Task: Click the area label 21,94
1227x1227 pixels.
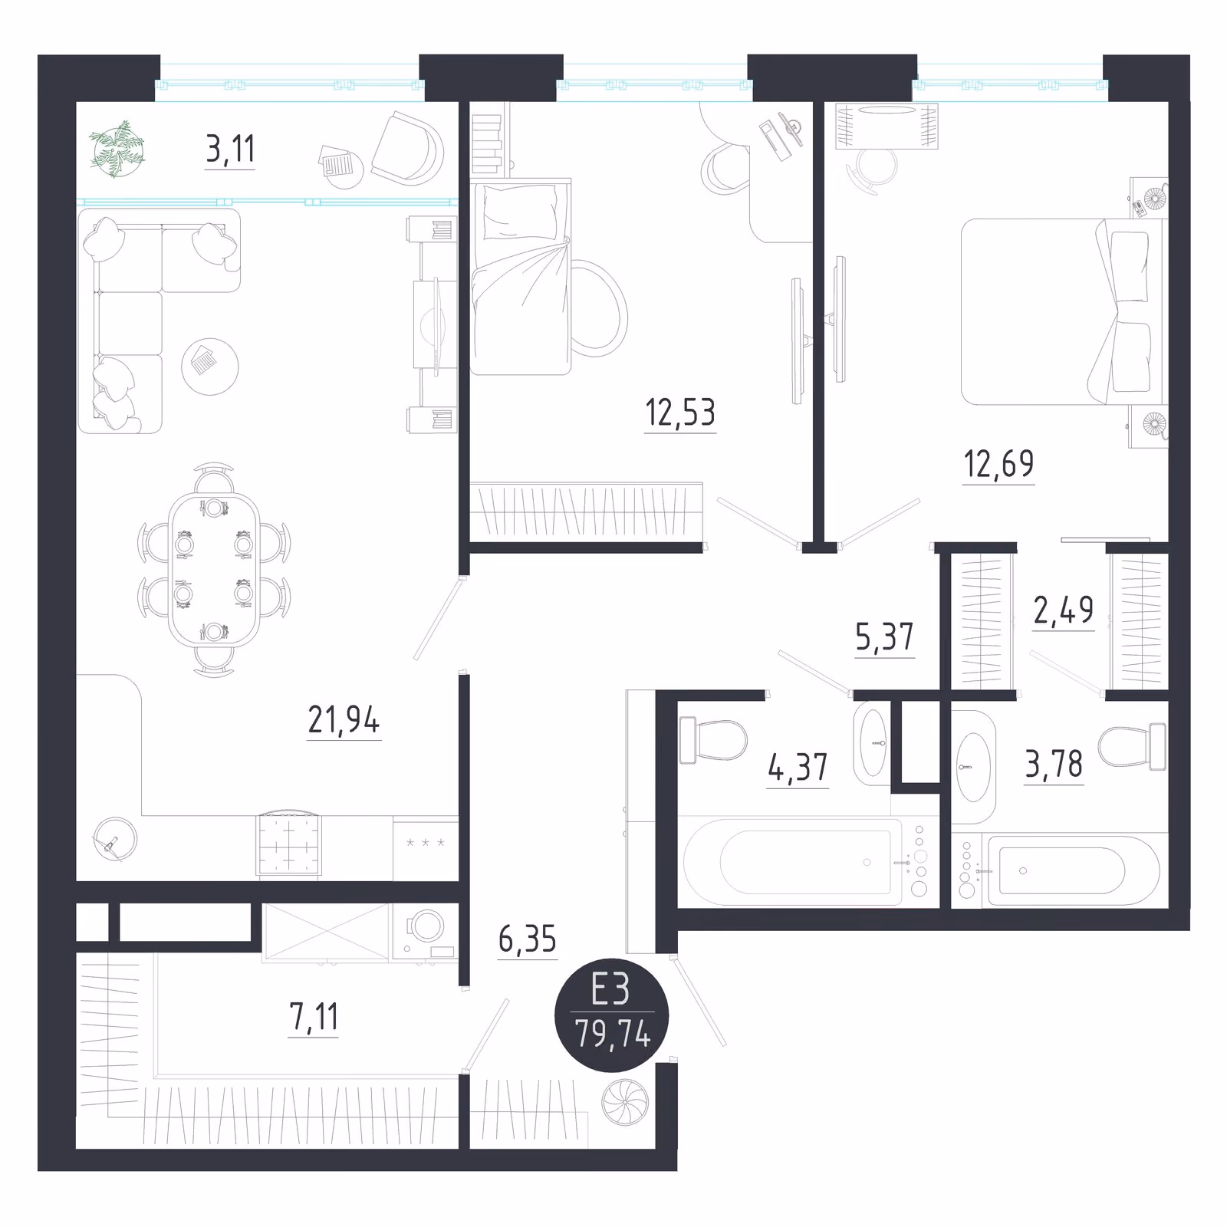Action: click(344, 720)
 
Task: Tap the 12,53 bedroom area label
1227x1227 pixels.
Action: click(680, 413)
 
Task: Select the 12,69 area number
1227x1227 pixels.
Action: click(998, 464)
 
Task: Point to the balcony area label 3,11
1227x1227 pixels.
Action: click(230, 149)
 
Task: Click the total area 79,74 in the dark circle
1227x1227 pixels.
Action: click(613, 1035)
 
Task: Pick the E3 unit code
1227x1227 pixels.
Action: click(610, 989)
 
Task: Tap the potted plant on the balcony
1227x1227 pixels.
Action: click(117, 148)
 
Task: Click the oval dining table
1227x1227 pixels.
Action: click(214, 570)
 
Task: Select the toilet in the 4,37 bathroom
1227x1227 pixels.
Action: click(713, 740)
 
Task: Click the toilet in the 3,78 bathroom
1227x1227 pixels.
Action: click(1132, 747)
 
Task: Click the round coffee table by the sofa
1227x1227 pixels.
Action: click(210, 367)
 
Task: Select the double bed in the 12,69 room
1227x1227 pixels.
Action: click(1062, 311)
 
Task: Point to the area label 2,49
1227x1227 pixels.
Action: click(1064, 610)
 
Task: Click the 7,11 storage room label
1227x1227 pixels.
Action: click(314, 1017)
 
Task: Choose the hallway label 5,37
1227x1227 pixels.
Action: click(884, 637)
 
